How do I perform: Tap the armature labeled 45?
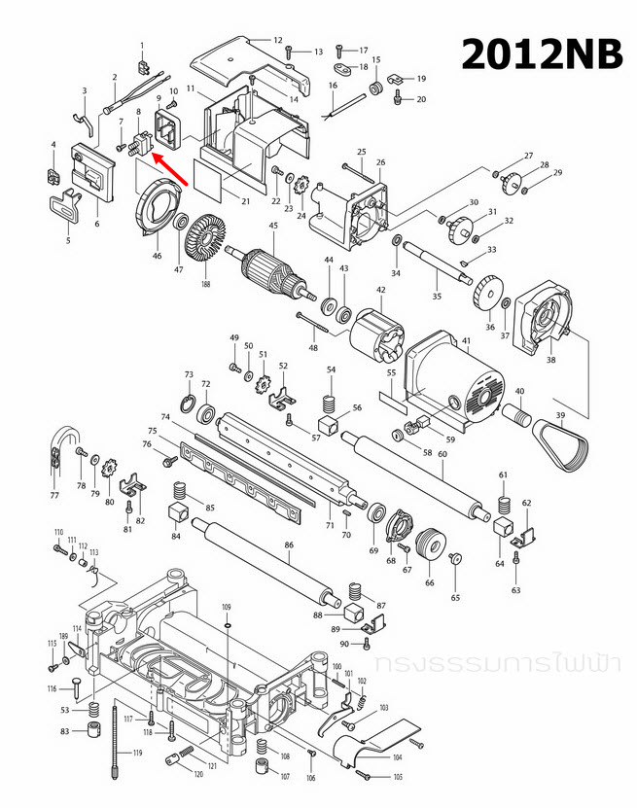coord(274,271)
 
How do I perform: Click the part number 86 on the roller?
coord(288,546)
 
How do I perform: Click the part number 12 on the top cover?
coord(277,40)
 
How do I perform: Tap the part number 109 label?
coord(227,607)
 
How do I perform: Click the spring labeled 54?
coord(330,399)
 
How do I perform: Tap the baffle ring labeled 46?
coord(153,211)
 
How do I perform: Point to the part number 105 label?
coord(399,777)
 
